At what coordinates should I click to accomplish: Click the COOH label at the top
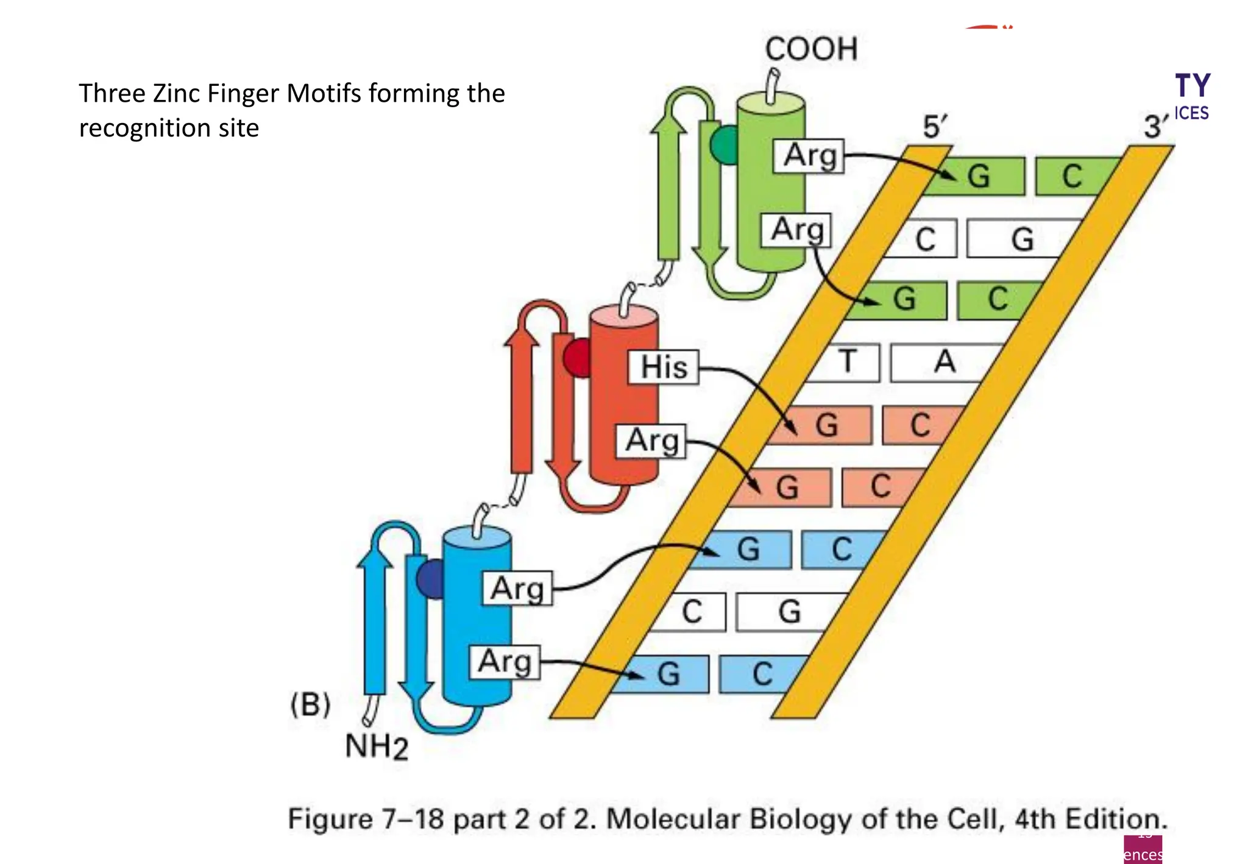pyautogui.click(x=811, y=49)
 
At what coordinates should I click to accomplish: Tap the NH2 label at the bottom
pyautogui.click(x=376, y=746)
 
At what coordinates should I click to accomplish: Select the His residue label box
pyautogui.click(x=664, y=367)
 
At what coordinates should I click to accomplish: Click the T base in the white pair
pyautogui.click(x=847, y=362)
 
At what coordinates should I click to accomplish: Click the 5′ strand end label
pyautogui.click(x=934, y=127)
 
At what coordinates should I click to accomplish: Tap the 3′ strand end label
pyautogui.click(x=1155, y=127)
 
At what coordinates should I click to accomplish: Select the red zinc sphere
pyautogui.click(x=576, y=358)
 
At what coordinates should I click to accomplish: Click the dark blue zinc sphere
pyautogui.click(x=431, y=579)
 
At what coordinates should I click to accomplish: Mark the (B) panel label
pyautogui.click(x=310, y=705)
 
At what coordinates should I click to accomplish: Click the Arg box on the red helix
pyautogui.click(x=651, y=441)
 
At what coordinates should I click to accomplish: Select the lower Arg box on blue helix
pyautogui.click(x=505, y=662)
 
